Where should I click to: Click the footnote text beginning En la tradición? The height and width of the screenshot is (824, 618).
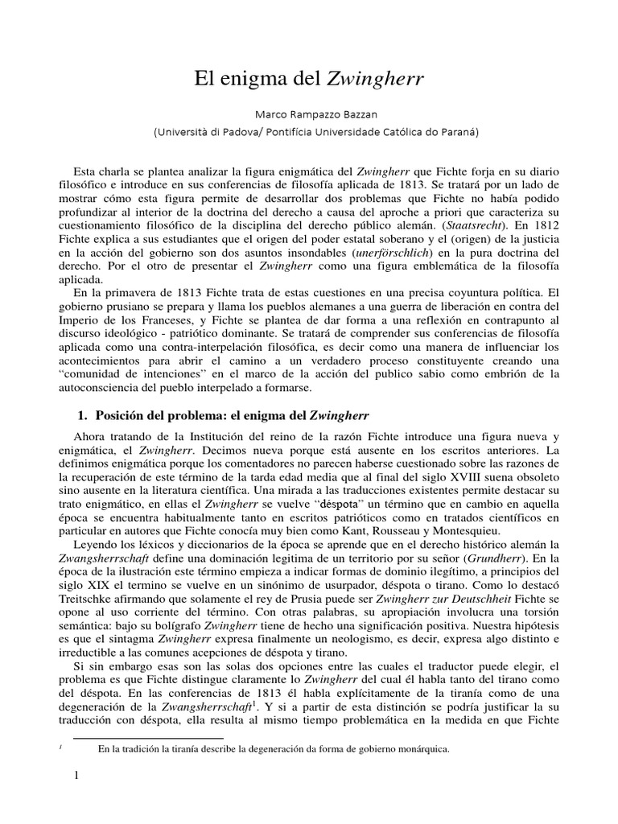(x=274, y=749)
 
